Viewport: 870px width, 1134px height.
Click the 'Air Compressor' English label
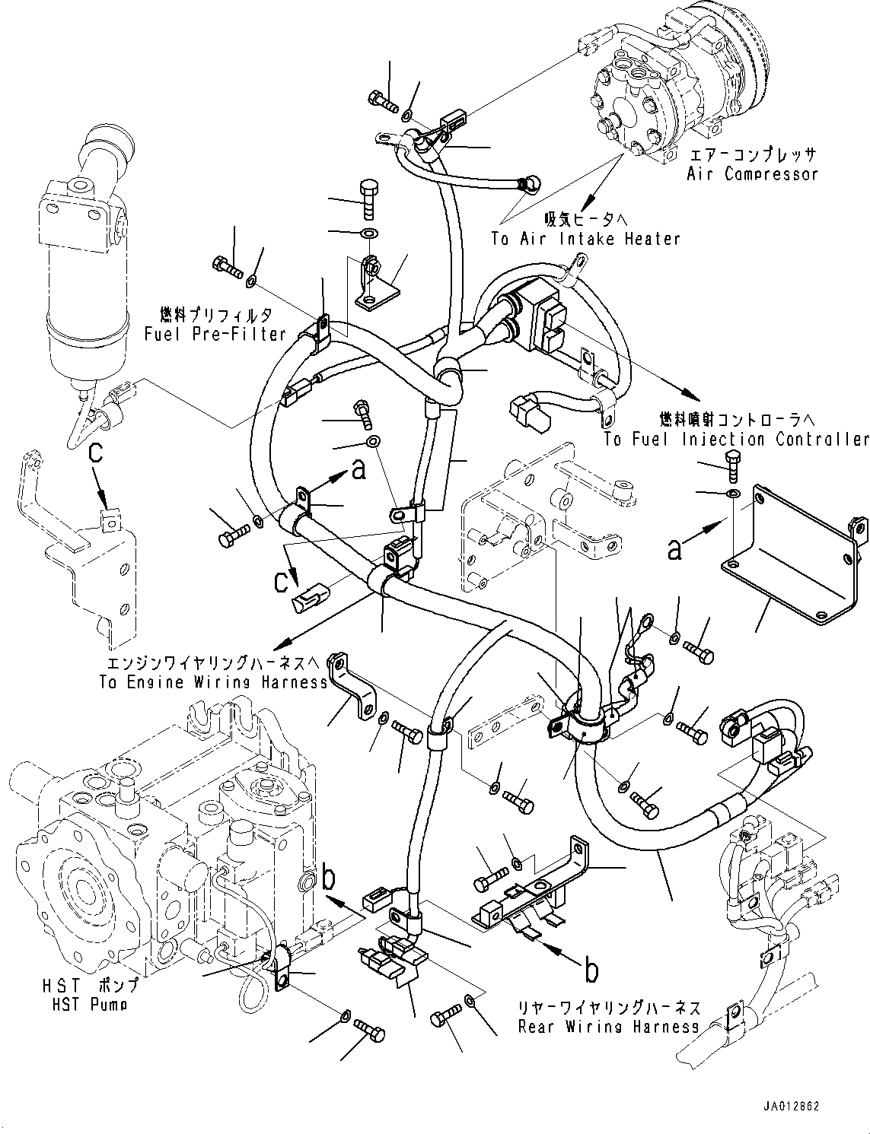point(752,174)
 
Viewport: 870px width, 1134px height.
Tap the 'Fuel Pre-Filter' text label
point(215,334)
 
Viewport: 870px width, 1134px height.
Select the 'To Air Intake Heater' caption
point(585,239)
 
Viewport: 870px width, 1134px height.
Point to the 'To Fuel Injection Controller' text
point(736,440)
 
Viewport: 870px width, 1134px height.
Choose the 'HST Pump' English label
point(84,1004)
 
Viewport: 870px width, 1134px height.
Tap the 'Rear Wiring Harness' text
point(608,1027)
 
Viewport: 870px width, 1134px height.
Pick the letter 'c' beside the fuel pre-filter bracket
point(94,453)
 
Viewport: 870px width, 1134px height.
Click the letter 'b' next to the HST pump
point(329,878)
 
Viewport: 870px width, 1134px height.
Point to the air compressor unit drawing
point(677,84)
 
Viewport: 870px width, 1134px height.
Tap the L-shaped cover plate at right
point(792,563)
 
